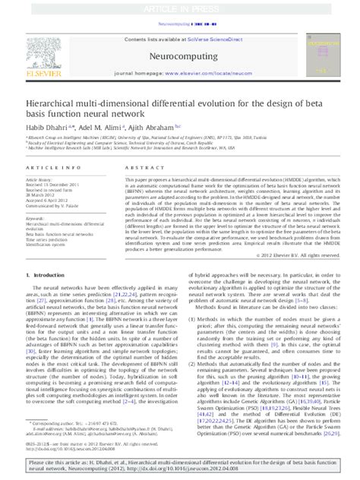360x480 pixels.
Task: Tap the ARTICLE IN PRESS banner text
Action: coord(179,7)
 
